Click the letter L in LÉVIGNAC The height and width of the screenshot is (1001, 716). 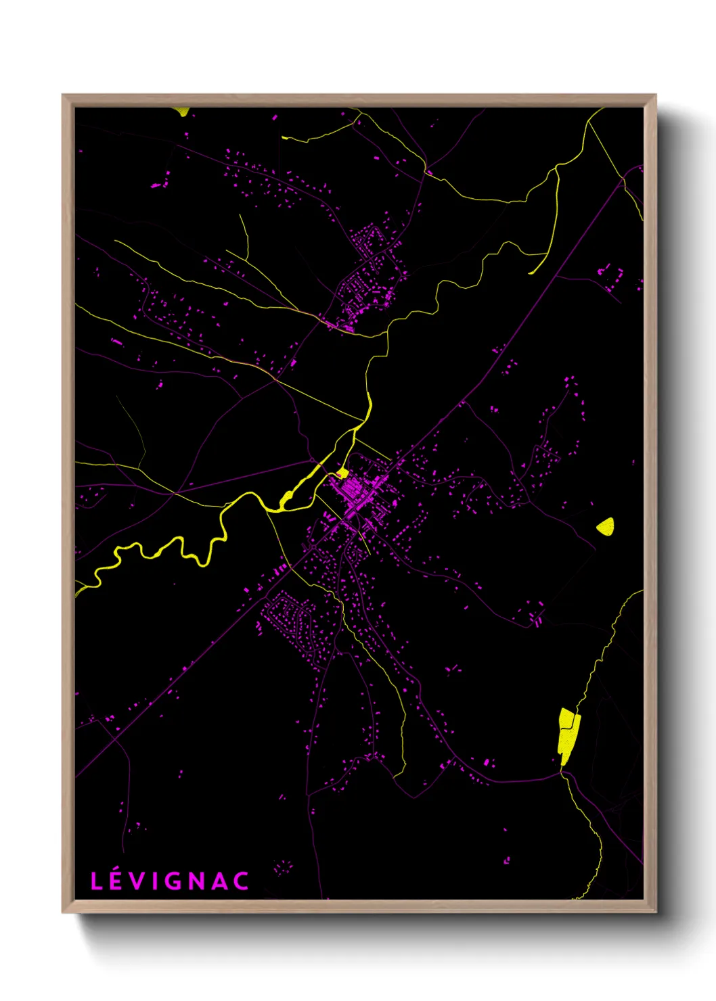click(97, 881)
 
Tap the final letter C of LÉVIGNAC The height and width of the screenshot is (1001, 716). click(242, 881)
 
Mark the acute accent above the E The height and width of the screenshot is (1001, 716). click(117, 871)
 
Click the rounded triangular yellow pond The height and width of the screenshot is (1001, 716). click(606, 526)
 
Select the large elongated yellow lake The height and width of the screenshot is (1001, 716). click(567, 735)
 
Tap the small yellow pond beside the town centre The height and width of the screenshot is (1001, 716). click(342, 472)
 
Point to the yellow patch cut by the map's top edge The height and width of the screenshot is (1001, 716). click(181, 111)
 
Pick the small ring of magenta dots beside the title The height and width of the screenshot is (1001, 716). click(282, 867)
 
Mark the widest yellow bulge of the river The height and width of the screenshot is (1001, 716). click(287, 500)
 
